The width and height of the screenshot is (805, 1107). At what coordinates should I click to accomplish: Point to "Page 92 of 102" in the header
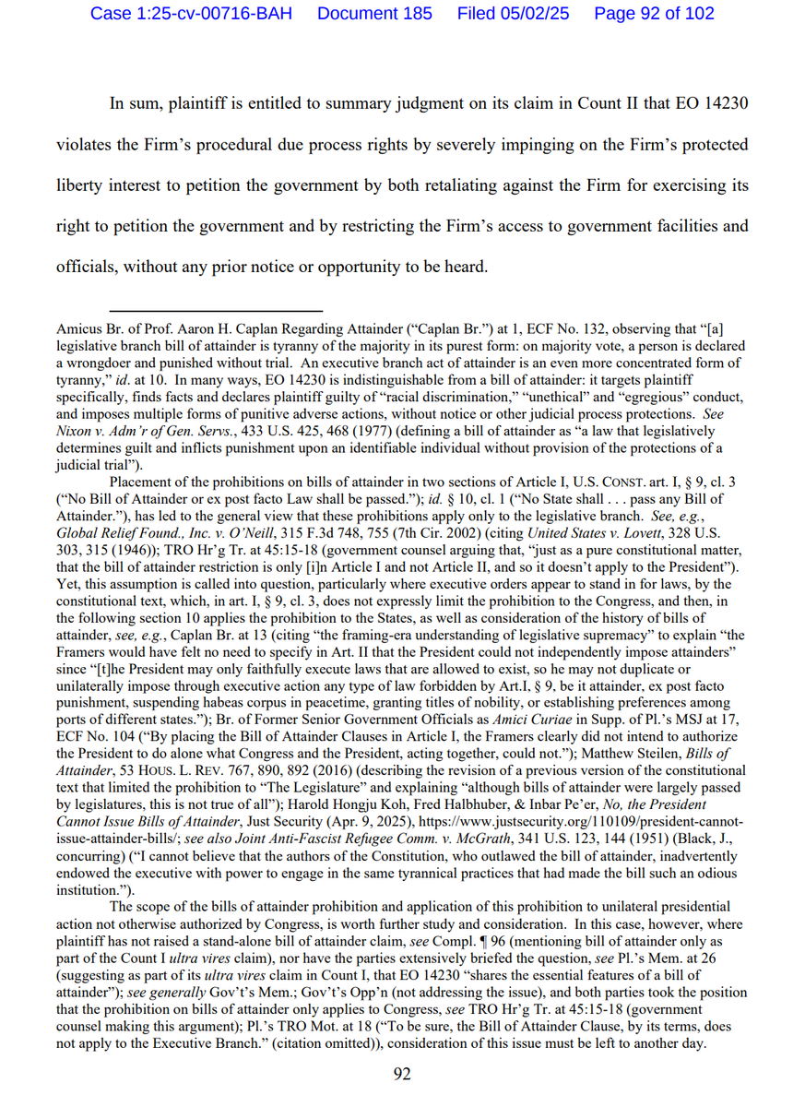[654, 14]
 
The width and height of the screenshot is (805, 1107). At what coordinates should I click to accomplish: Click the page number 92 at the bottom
[402, 1073]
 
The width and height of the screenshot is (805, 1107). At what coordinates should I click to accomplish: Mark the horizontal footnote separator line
[216, 312]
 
